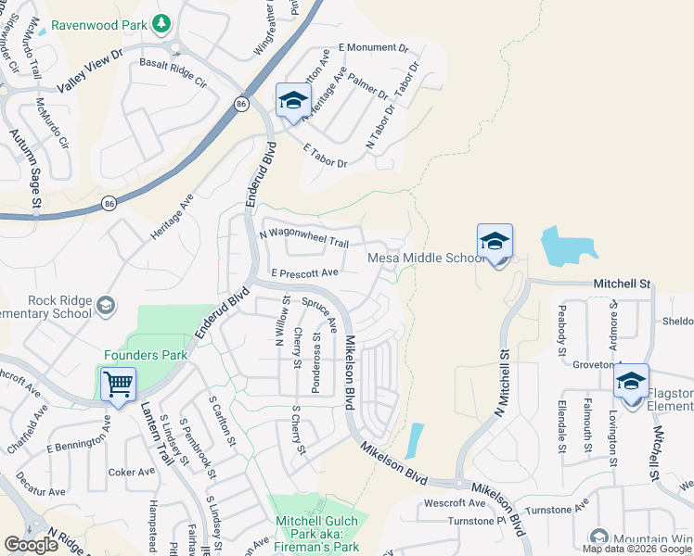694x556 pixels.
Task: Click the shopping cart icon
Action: pyautogui.click(x=118, y=384)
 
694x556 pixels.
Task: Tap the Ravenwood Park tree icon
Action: pyautogui.click(x=161, y=21)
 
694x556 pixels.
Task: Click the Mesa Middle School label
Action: pyautogui.click(x=423, y=259)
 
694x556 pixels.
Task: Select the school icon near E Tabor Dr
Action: pyautogui.click(x=293, y=101)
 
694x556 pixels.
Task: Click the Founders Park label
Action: pyautogui.click(x=146, y=355)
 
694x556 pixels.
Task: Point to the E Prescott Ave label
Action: pyautogui.click(x=304, y=273)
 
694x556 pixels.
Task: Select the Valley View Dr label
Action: pyautogui.click(x=90, y=71)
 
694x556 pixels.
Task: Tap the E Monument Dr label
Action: pyautogui.click(x=373, y=47)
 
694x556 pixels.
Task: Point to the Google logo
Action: pyautogui.click(x=31, y=545)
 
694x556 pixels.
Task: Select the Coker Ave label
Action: pyautogui.click(x=131, y=472)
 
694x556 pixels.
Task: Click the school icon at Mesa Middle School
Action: pyautogui.click(x=495, y=243)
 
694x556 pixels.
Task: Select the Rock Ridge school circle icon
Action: pyautogui.click(x=107, y=305)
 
